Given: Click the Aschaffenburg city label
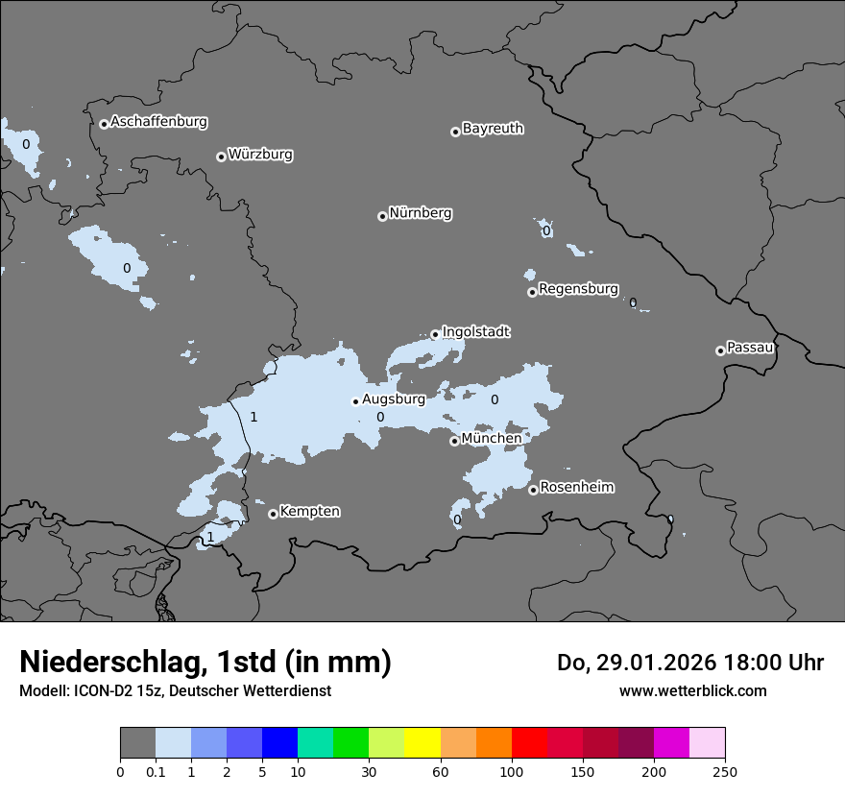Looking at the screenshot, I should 158,122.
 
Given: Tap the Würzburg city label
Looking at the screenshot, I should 260,155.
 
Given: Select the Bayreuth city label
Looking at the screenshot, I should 493,129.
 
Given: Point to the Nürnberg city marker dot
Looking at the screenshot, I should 382,216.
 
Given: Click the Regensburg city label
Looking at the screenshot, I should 578,289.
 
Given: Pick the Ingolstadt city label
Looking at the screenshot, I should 475,332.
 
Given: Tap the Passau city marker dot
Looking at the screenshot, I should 720,350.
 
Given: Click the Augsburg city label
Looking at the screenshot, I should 393,399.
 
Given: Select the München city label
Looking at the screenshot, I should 492,439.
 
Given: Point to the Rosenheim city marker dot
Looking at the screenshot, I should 533,490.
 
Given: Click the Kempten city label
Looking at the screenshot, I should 309,512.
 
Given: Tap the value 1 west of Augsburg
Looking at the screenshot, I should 253,417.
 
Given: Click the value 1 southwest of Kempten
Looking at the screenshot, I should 210,537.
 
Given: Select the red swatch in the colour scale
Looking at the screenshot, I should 529,743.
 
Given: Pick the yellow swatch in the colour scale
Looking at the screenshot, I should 422,743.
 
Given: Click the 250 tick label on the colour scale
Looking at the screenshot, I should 725,771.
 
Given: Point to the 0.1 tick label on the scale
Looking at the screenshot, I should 156,771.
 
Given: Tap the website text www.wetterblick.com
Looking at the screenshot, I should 692,690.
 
